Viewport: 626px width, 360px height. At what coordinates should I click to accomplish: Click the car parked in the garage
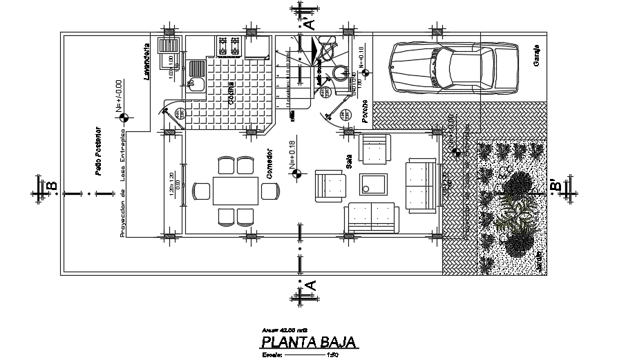[x=453, y=68]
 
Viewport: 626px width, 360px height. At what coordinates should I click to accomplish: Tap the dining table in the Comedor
[x=236, y=190]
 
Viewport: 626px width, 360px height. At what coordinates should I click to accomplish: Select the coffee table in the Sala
[x=374, y=184]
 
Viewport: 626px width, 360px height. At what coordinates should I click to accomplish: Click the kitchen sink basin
[x=197, y=84]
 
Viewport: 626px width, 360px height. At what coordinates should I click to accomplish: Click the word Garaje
[x=536, y=55]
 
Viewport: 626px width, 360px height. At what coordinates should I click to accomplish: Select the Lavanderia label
[x=147, y=63]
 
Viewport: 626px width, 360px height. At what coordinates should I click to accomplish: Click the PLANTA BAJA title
[x=308, y=341]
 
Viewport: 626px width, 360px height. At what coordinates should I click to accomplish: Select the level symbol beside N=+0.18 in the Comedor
[x=296, y=173]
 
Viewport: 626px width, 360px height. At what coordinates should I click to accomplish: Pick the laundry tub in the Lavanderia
[x=169, y=46]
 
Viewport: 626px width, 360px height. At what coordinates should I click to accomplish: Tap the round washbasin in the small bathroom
[x=339, y=73]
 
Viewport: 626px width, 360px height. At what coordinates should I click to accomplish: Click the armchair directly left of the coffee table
[x=330, y=184]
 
